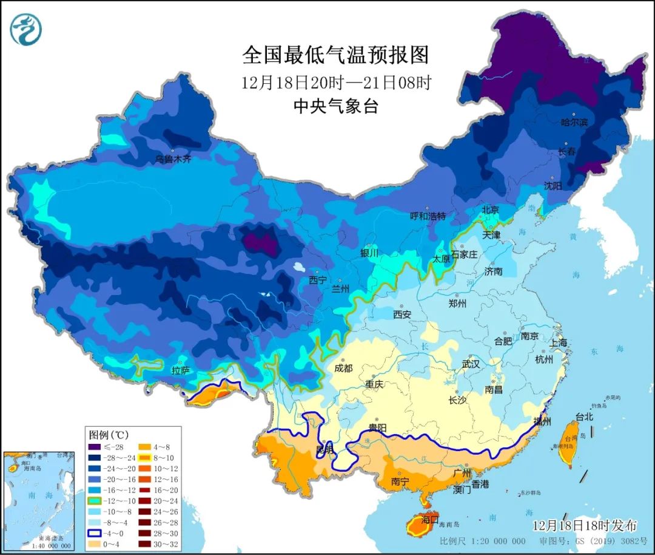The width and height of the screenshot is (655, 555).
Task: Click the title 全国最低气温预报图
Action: [x=335, y=55]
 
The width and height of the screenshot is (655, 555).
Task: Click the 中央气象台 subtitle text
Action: [x=335, y=106]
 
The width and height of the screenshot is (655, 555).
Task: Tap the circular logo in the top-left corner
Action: [x=26, y=29]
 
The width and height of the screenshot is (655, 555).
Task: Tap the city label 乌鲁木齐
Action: [x=173, y=159]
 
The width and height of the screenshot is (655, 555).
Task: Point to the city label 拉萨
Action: [x=181, y=370]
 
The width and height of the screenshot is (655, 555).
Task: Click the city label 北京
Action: [x=490, y=210]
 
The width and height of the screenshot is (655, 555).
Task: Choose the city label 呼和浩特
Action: [x=428, y=216]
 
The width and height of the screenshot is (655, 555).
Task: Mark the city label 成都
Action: [x=343, y=368]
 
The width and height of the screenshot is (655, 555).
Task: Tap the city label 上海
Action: [x=559, y=342]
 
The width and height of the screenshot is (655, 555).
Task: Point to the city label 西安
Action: [x=402, y=315]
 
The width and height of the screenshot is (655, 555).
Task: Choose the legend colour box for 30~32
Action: [x=149, y=545]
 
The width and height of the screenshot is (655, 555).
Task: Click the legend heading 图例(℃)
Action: [x=109, y=435]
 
